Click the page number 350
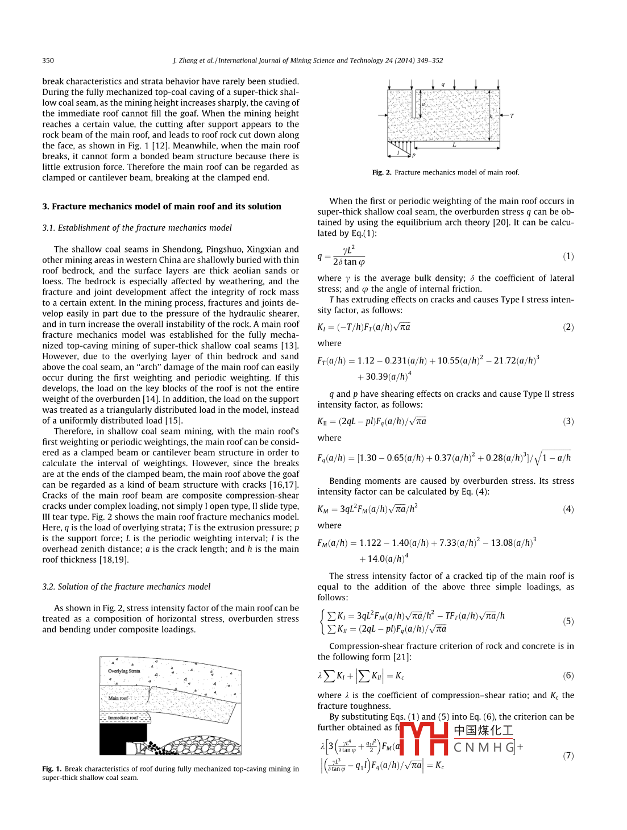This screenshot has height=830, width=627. (48, 60)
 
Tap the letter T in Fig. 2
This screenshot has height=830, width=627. (512, 116)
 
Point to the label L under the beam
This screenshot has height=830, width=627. (454, 145)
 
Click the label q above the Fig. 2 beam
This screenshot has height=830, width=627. (443, 84)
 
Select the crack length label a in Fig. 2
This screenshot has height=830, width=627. (423, 105)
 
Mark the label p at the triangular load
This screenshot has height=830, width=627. (414, 155)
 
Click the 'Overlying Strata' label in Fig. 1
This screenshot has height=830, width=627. (124, 671)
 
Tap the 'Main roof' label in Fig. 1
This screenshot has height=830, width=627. (118, 698)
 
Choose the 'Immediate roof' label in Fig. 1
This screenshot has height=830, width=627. (123, 717)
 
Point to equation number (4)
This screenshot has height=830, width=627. (568, 509)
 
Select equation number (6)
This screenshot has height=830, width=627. (568, 675)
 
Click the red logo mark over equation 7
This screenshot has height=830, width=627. (424, 738)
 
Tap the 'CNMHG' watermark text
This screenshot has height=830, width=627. (484, 747)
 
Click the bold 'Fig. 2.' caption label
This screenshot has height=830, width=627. (381, 172)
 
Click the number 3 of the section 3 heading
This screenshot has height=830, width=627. (45, 206)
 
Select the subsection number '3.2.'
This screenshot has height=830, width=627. (48, 587)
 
